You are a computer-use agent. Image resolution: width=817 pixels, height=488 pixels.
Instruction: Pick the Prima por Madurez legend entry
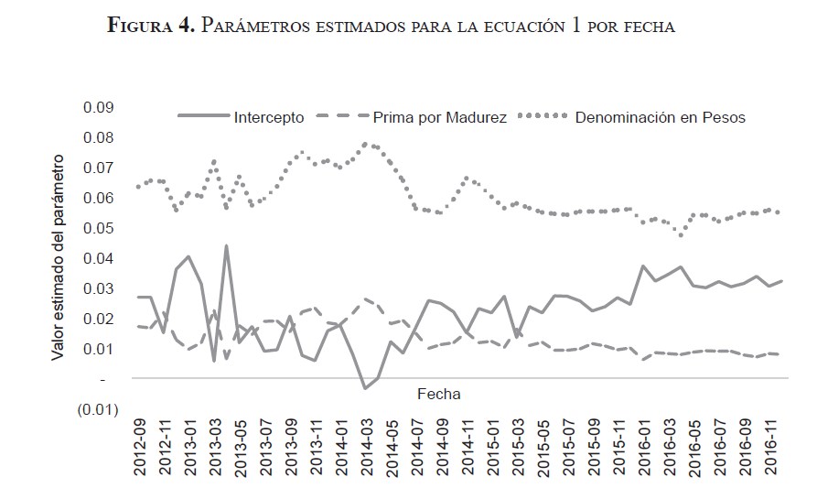[439, 117]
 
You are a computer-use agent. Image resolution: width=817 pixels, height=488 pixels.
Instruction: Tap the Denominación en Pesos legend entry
[661, 117]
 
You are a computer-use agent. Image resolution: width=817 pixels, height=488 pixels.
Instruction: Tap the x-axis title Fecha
[438, 394]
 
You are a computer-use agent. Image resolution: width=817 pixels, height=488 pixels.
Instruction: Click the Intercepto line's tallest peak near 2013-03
[226, 245]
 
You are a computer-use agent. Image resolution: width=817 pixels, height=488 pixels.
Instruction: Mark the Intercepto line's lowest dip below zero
[365, 388]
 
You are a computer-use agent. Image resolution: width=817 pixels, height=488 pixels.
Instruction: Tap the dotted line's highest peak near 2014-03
[366, 143]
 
